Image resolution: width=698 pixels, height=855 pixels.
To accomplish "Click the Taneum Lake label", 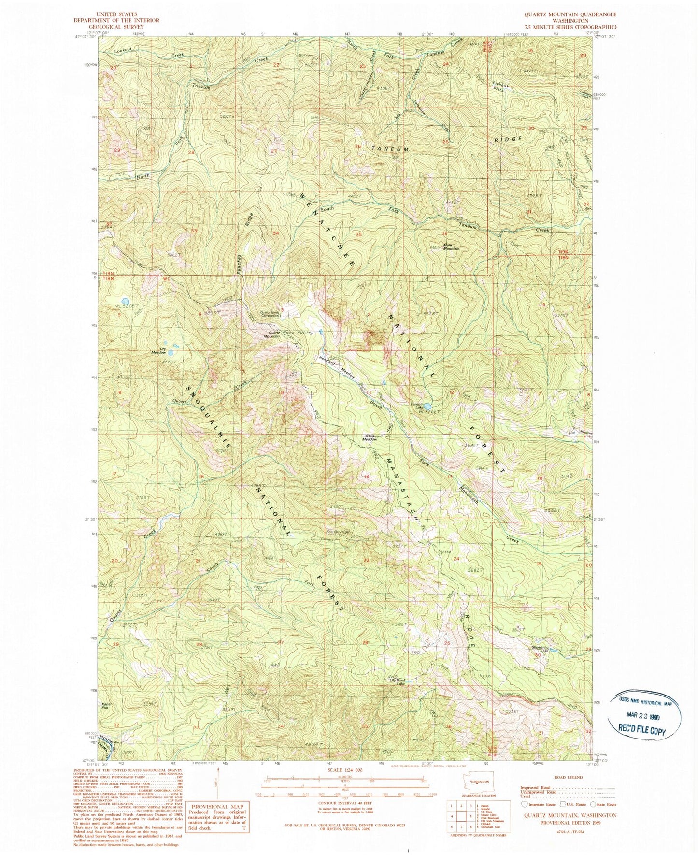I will coord(416,406).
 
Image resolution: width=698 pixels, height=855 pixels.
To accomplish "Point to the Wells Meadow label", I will coord(370,437).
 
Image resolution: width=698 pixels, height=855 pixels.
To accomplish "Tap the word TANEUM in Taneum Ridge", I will coord(389,150).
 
